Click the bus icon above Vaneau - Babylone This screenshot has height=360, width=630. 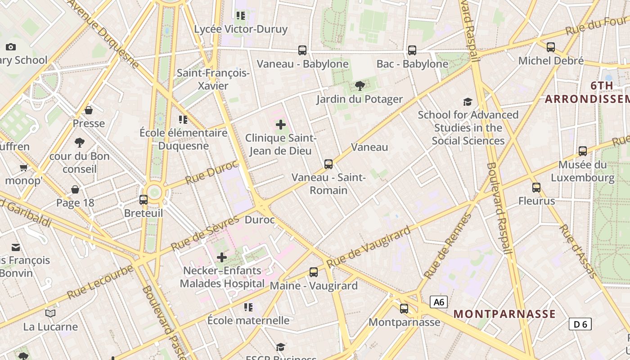point(302,50)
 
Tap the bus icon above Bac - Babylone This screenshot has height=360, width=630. point(412,50)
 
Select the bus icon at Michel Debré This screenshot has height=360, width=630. point(551,47)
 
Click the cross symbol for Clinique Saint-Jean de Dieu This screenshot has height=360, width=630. point(281,124)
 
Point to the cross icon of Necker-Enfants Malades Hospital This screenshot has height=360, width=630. point(222,257)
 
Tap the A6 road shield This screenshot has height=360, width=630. point(439,302)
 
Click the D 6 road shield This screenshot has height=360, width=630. point(580,324)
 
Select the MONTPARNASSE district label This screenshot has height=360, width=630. point(504,314)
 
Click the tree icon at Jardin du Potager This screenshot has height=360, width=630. point(360,85)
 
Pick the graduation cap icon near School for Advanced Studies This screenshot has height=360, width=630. point(468,102)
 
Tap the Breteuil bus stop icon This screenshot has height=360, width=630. point(144,199)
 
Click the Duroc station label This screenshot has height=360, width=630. point(260,220)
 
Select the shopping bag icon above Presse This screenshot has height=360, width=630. point(89,110)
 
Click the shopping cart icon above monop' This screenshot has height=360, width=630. point(24,168)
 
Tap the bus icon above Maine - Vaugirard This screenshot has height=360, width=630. point(314,272)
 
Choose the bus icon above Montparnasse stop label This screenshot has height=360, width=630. point(404,309)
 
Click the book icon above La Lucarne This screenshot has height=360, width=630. point(51,313)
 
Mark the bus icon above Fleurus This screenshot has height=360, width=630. point(536,187)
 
